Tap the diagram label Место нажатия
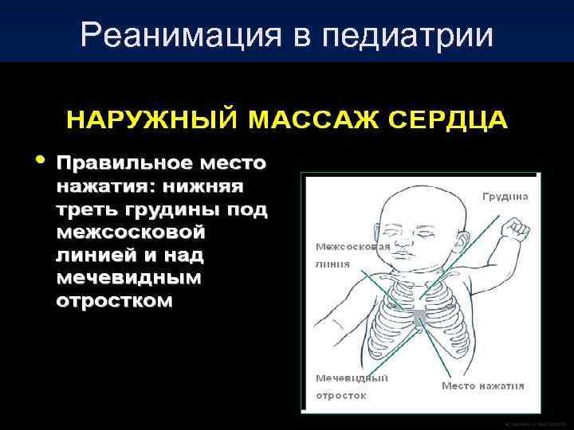point(483,386)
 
